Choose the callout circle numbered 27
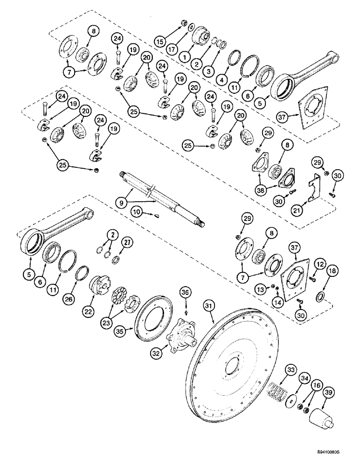(x=126, y=242)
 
